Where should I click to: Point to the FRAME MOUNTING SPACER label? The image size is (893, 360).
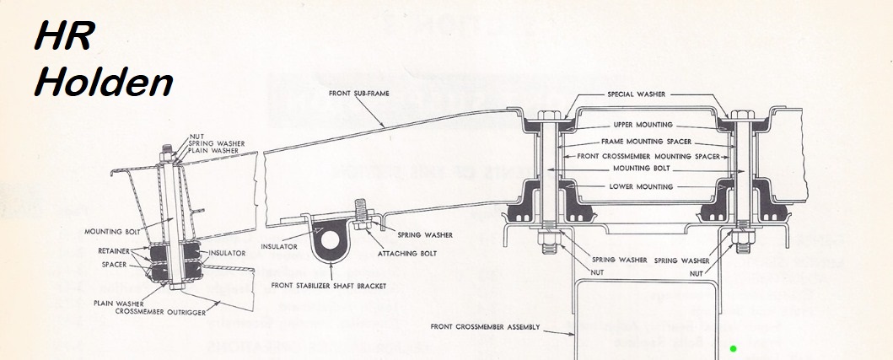tap(637, 141)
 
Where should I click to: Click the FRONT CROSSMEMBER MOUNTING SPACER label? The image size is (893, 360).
tap(637, 156)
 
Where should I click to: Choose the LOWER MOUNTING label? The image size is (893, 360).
tap(638, 186)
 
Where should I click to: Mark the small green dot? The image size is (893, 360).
tap(734, 348)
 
